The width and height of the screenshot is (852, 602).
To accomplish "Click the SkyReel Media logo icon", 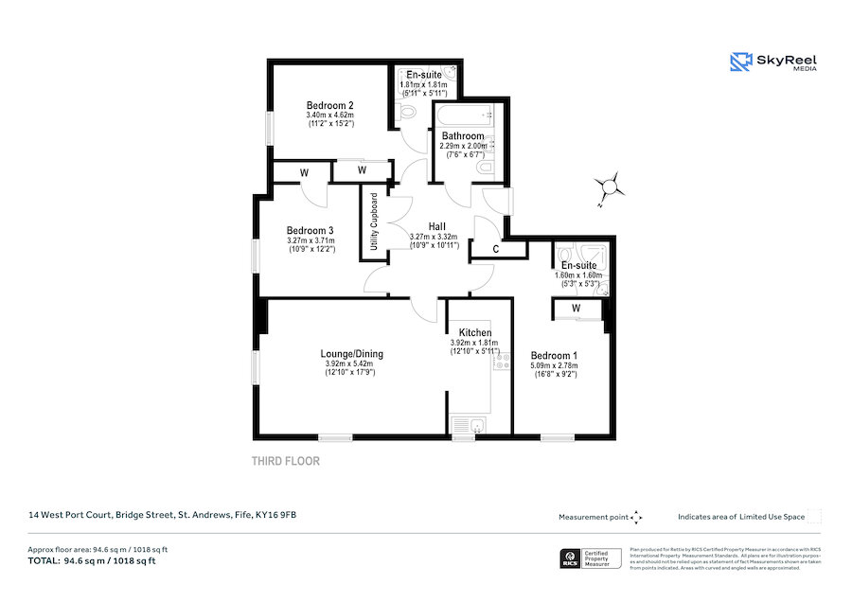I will click(x=740, y=62).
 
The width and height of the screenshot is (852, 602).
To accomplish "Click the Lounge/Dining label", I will click(x=351, y=354).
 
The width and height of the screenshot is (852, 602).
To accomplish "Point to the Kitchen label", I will click(x=475, y=333).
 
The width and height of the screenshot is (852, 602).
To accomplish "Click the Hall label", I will click(x=436, y=226).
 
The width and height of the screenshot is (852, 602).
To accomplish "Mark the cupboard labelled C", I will click(x=498, y=249).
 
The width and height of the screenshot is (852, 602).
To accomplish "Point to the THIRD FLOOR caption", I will click(x=285, y=462).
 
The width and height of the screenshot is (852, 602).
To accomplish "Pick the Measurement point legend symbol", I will click(x=637, y=517).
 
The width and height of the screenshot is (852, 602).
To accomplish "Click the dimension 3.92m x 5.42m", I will click(x=350, y=364).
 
